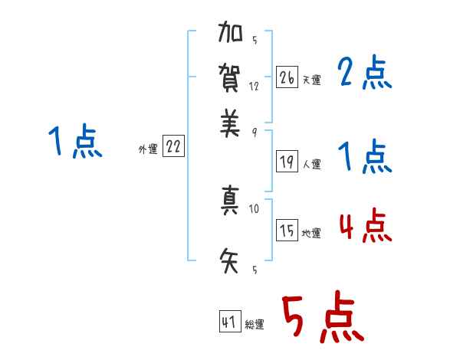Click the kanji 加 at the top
[x=230, y=34]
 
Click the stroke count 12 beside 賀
[x=255, y=86]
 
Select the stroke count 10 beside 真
[x=255, y=208]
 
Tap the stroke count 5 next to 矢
[x=255, y=270]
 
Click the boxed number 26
[x=287, y=77]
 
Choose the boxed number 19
[x=287, y=161]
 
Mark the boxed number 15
[x=287, y=231]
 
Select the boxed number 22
[x=173, y=147]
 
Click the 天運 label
[x=311, y=80]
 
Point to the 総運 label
[x=254, y=325]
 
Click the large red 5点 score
[x=322, y=318]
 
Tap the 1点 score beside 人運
[x=365, y=159]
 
